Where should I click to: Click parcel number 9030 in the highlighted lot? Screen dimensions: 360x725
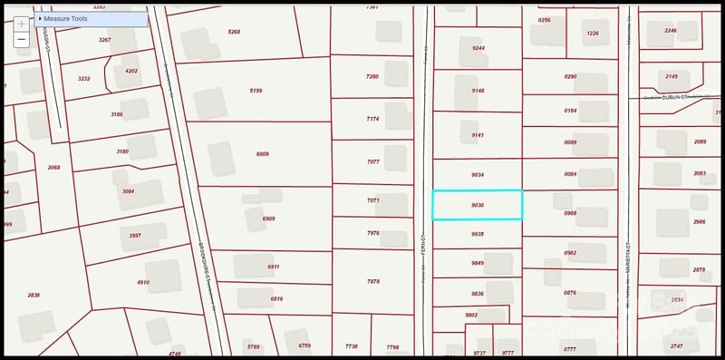(x=478, y=205)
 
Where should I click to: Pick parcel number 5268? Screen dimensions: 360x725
(x=234, y=32)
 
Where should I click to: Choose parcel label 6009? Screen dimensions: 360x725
(x=262, y=154)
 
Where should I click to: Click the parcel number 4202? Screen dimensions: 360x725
(x=131, y=71)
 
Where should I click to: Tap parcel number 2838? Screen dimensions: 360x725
(x=34, y=295)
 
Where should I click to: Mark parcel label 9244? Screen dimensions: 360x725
(x=478, y=48)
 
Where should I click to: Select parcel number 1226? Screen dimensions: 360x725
(x=593, y=34)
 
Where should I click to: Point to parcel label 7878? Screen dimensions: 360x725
(x=372, y=282)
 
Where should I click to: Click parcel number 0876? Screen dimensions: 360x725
(x=570, y=293)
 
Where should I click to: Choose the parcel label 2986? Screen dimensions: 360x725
(x=699, y=221)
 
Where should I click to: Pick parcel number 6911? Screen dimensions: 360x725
(x=274, y=267)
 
